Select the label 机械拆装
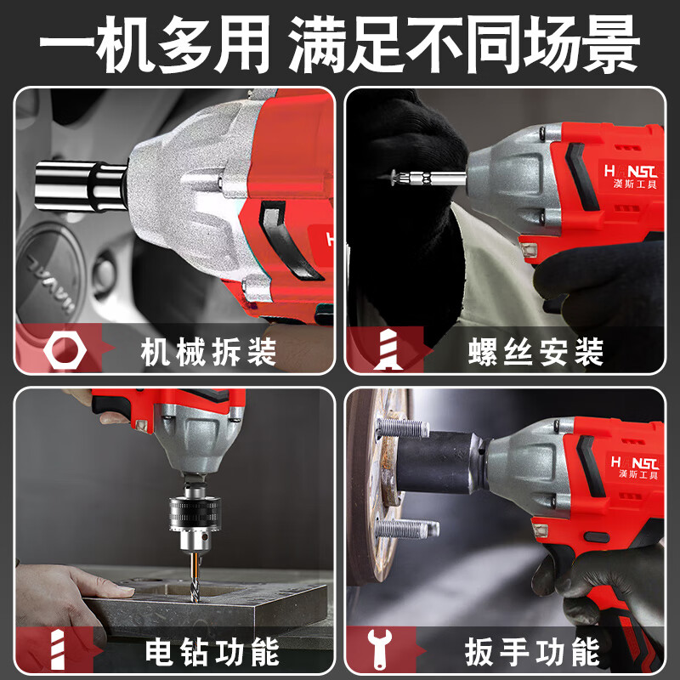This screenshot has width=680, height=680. pos(208,351)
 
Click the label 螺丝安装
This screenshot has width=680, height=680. pos(535,351)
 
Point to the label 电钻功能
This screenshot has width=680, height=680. pos(212,653)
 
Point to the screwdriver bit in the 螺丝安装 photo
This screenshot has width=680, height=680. pos(425,178)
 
